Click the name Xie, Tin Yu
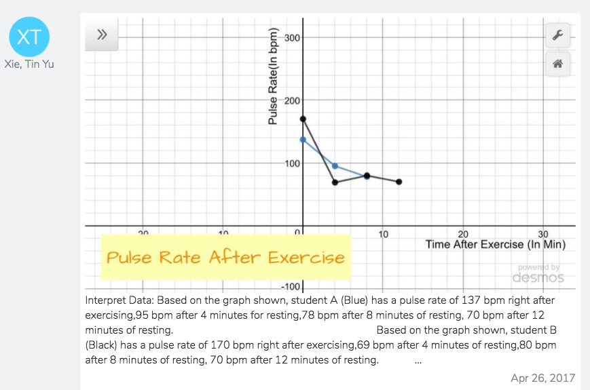pos(29,64)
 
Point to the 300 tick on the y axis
pos(293,37)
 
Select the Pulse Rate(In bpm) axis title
pos(274,77)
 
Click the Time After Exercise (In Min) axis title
pos(495,244)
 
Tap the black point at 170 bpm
pos(303,119)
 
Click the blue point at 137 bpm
pos(303,140)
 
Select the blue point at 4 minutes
pos(335,166)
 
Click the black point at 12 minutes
pos(399,182)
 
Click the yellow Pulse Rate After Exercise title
pos(225,258)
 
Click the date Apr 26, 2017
pos(542,378)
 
